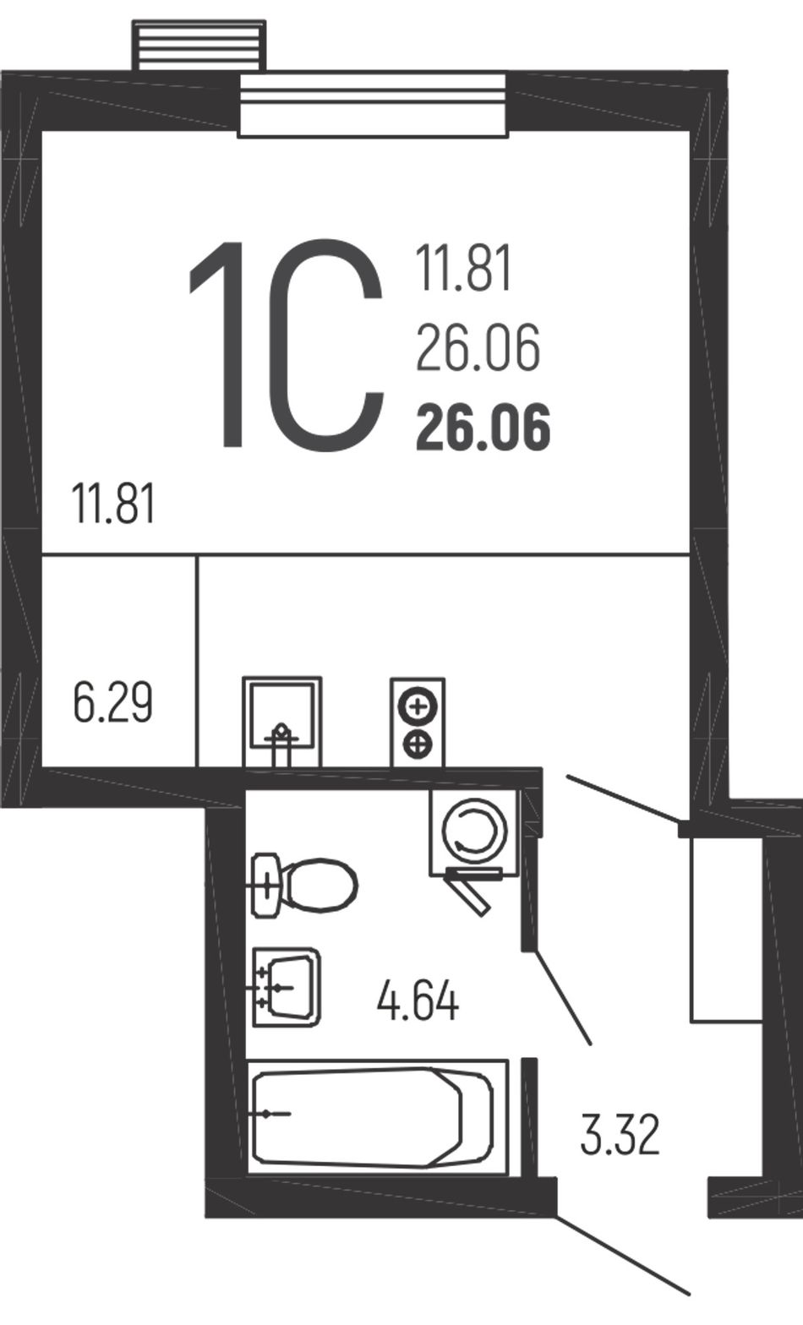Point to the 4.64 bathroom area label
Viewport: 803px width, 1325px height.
(418, 1001)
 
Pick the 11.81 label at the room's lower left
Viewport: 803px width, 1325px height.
(113, 503)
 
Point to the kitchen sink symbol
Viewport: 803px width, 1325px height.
(282, 722)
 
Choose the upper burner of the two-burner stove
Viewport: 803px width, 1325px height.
(418, 706)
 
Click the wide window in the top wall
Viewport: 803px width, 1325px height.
(373, 106)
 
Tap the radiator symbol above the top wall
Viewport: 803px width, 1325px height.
(199, 46)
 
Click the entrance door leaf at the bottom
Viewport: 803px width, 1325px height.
(623, 1250)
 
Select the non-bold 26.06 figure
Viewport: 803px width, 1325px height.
(478, 348)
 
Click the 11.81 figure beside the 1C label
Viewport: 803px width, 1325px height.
(463, 269)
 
